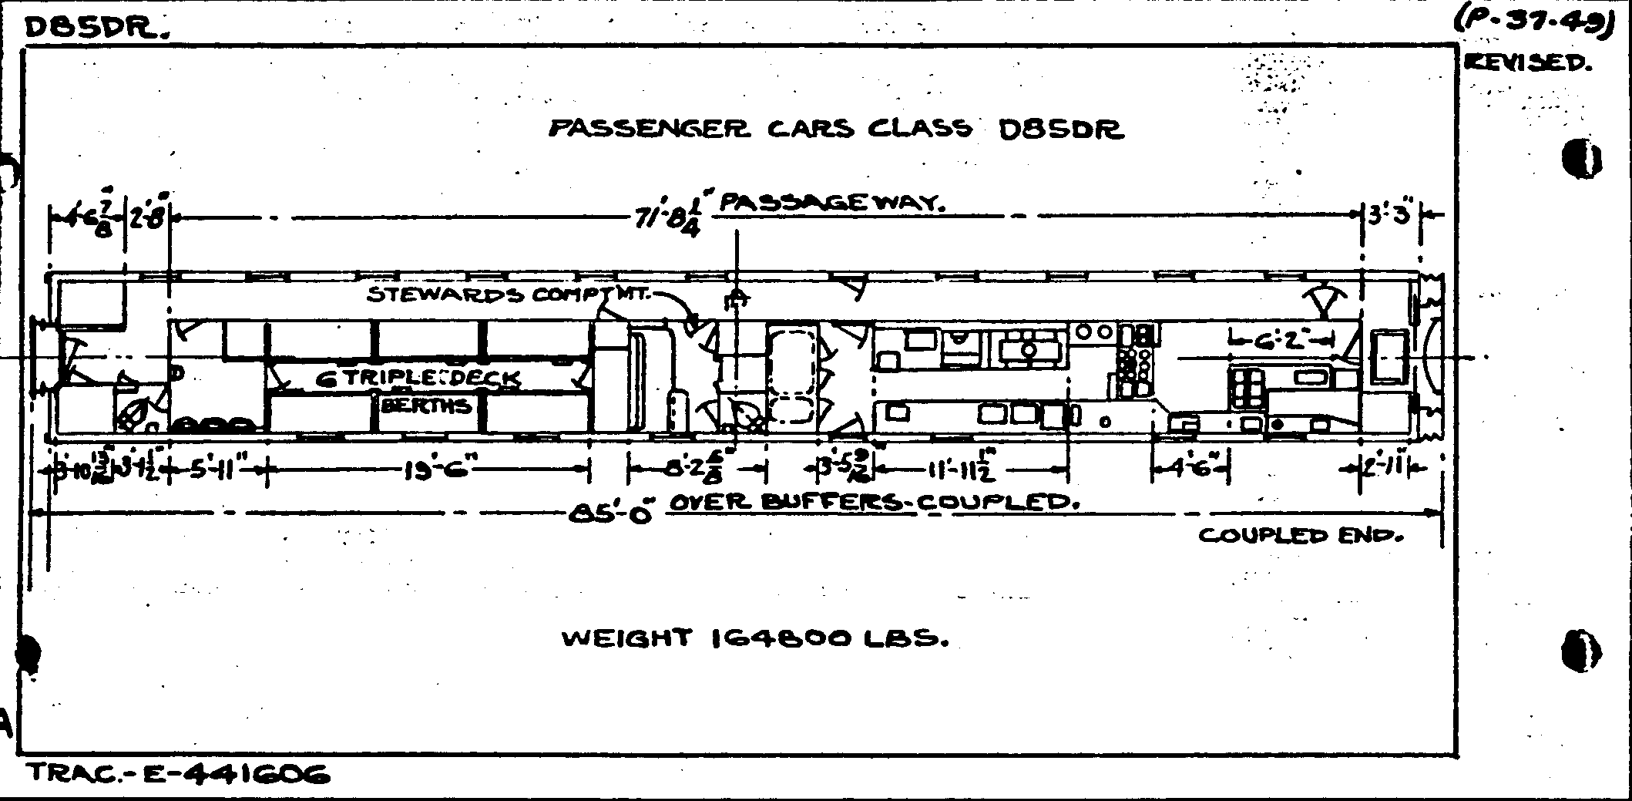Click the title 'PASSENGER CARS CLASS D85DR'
pos(836,129)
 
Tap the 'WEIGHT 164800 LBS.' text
pos(754,638)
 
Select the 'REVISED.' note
pos(1526,63)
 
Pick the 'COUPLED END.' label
pos(1301,535)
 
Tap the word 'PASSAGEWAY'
pos(831,204)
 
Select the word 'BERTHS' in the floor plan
pos(426,405)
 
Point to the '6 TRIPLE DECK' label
pos(418,379)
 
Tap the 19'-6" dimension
pos(436,469)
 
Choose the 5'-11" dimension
pos(215,469)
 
